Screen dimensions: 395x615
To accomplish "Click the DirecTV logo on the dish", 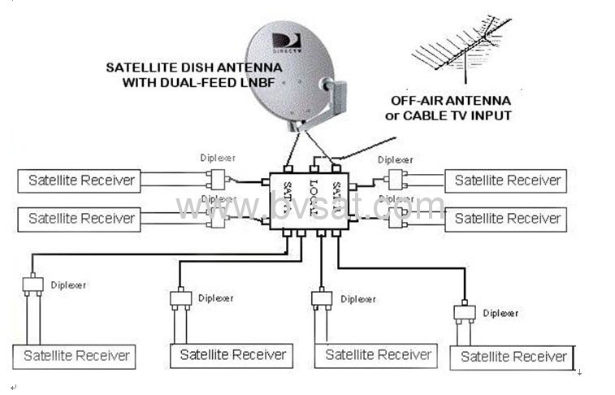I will click(285, 41).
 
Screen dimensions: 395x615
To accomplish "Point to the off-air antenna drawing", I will click(459, 50).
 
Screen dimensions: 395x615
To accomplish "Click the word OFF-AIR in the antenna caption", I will click(420, 101).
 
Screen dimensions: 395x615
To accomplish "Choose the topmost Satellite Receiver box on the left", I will click(79, 180).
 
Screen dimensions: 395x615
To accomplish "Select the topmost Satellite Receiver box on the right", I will click(507, 180).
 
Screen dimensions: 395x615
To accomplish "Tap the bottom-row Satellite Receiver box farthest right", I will click(513, 357).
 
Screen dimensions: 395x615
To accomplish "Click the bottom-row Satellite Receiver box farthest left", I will click(76, 356).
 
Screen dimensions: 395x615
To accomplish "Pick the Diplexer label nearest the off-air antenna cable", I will click(396, 160).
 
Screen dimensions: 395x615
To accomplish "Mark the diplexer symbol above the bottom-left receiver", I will click(32, 285).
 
